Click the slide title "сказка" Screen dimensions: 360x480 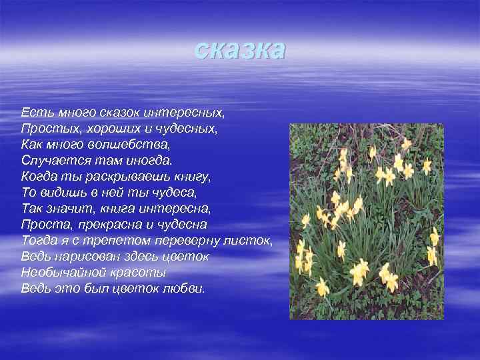pos(240,49)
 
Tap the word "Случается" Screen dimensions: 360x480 pos(53,160)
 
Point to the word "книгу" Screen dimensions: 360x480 pos(190,177)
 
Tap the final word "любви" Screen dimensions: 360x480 pos(185,289)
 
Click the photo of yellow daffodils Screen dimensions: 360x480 pos(366,221)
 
